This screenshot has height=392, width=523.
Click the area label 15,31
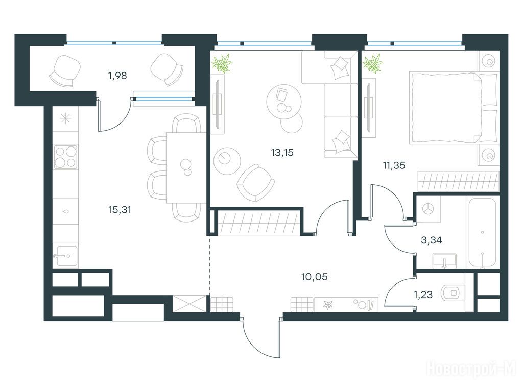click(120, 209)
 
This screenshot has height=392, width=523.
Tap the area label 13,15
click(282, 152)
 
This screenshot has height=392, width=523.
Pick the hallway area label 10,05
click(314, 277)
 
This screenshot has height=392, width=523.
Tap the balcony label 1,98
click(117, 76)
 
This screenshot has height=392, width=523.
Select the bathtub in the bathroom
click(482, 233)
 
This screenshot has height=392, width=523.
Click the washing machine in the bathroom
click(428, 208)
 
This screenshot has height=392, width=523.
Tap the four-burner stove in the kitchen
click(65, 157)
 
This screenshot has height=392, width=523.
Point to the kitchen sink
click(65, 255)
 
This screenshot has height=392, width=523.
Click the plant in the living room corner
click(222, 63)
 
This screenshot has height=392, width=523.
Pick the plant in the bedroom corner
click(372, 63)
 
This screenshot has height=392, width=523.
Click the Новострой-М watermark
click(471, 369)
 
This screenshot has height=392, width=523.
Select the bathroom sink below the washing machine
click(445, 262)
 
